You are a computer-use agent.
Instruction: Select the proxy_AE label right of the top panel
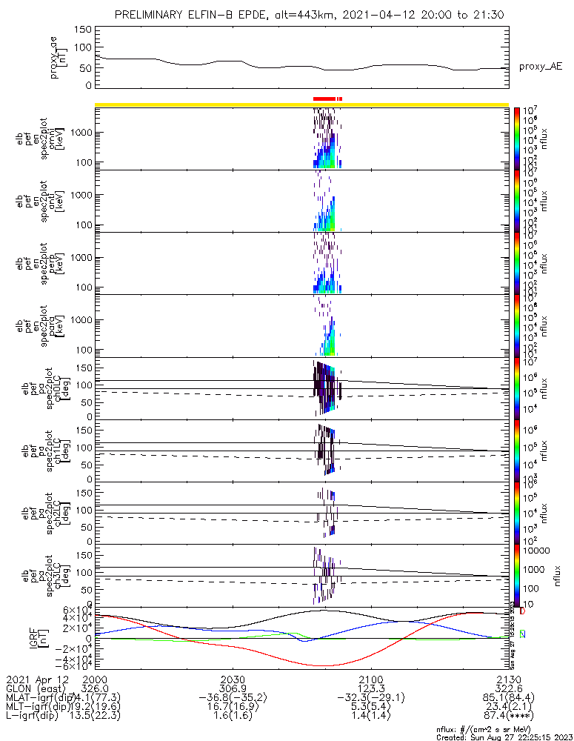(x=540, y=67)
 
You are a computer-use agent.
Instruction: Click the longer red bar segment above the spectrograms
(x=324, y=99)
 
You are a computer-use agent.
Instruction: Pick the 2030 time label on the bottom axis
(x=233, y=679)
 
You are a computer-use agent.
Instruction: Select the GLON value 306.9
(x=233, y=688)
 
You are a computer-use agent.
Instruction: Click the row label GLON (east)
(x=37, y=688)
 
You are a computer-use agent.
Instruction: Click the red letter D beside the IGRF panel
(x=522, y=611)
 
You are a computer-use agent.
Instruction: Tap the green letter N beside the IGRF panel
(x=522, y=634)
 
